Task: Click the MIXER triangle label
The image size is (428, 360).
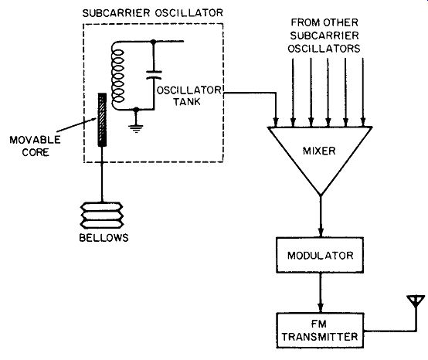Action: [x=319, y=151]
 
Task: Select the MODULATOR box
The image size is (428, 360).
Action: [x=320, y=255]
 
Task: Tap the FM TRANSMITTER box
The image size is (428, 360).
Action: [x=320, y=331]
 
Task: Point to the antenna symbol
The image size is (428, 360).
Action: [x=416, y=301]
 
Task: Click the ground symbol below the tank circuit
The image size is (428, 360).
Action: [x=136, y=128]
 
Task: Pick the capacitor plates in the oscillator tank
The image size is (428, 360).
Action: [x=154, y=75]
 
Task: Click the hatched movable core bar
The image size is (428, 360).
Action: [x=102, y=120]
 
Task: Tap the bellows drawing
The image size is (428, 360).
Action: [x=101, y=216]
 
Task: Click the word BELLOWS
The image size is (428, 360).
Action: [x=104, y=238]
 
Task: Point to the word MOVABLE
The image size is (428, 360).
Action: [x=35, y=140]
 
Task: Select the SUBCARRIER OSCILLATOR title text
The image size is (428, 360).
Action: [x=153, y=13]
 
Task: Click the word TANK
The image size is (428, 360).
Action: [x=187, y=101]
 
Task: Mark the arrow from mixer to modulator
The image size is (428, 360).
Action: [x=321, y=216]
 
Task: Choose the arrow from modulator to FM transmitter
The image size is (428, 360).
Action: [x=321, y=293]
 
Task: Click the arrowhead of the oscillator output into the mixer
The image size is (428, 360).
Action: [x=276, y=121]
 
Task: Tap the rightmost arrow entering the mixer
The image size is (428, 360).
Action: [x=363, y=92]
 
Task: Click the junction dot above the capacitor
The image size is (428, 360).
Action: [x=154, y=42]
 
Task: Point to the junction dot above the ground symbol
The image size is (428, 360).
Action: [x=136, y=110]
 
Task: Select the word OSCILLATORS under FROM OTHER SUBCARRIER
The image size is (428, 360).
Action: [x=324, y=49]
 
